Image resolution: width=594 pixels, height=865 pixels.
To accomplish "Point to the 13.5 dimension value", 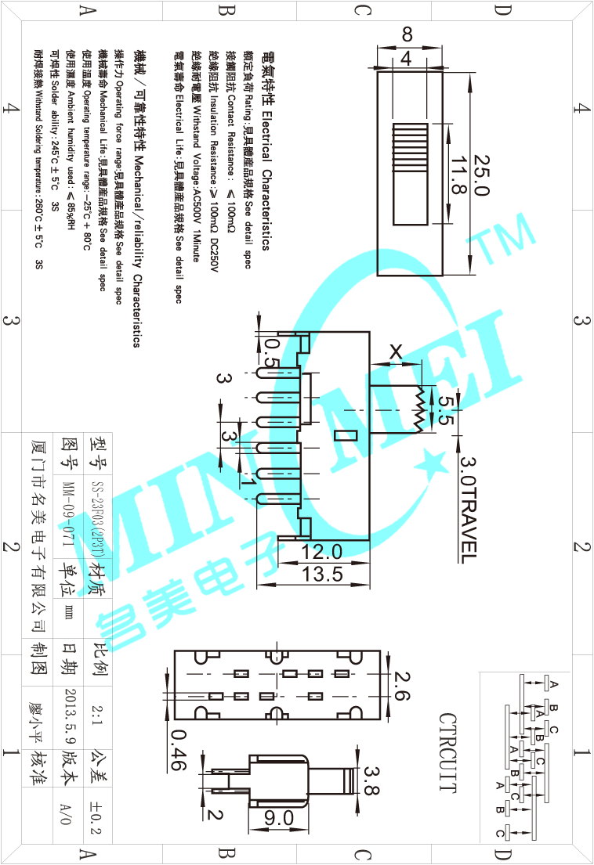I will (322, 574).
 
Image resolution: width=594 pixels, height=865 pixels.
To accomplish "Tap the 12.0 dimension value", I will (322, 553).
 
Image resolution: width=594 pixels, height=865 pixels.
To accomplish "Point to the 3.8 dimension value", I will (371, 780).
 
